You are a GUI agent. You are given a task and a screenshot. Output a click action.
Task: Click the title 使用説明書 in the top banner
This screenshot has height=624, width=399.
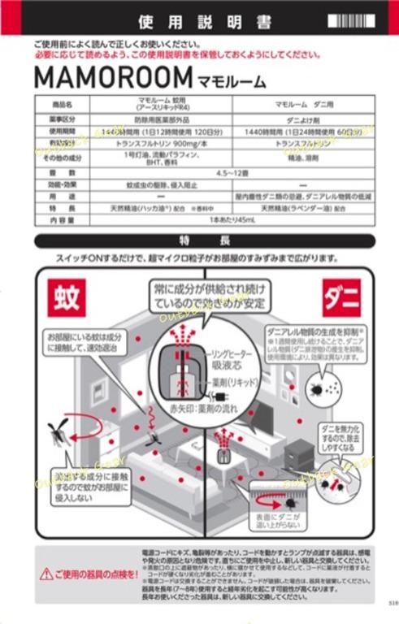198,19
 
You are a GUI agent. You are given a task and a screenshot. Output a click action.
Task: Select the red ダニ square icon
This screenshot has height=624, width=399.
341,297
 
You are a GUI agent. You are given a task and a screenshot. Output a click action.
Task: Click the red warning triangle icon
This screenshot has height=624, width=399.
47,574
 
